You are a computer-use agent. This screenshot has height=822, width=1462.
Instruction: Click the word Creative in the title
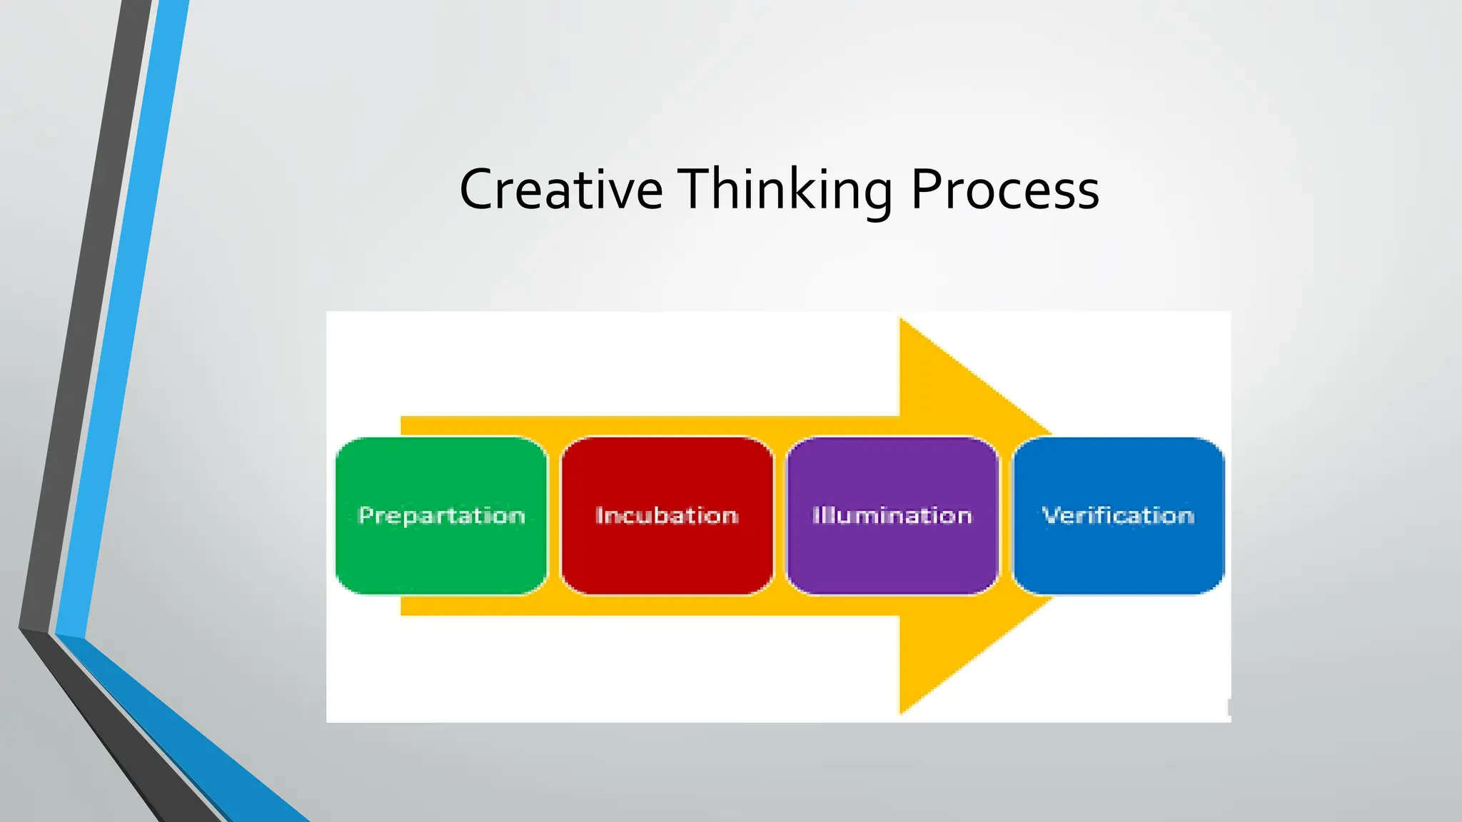[x=561, y=189]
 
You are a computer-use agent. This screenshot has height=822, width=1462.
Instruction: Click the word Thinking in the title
[x=785, y=189]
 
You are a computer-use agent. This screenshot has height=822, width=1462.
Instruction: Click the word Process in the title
[x=1004, y=189]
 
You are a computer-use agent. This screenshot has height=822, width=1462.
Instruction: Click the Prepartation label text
[x=441, y=516]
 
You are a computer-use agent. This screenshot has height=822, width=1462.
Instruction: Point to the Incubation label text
[x=667, y=515]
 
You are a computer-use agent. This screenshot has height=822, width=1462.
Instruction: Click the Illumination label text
[x=892, y=515]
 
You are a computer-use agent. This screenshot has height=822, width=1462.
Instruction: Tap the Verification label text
[x=1118, y=515]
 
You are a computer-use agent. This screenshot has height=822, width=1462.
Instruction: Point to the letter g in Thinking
[x=877, y=196]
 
